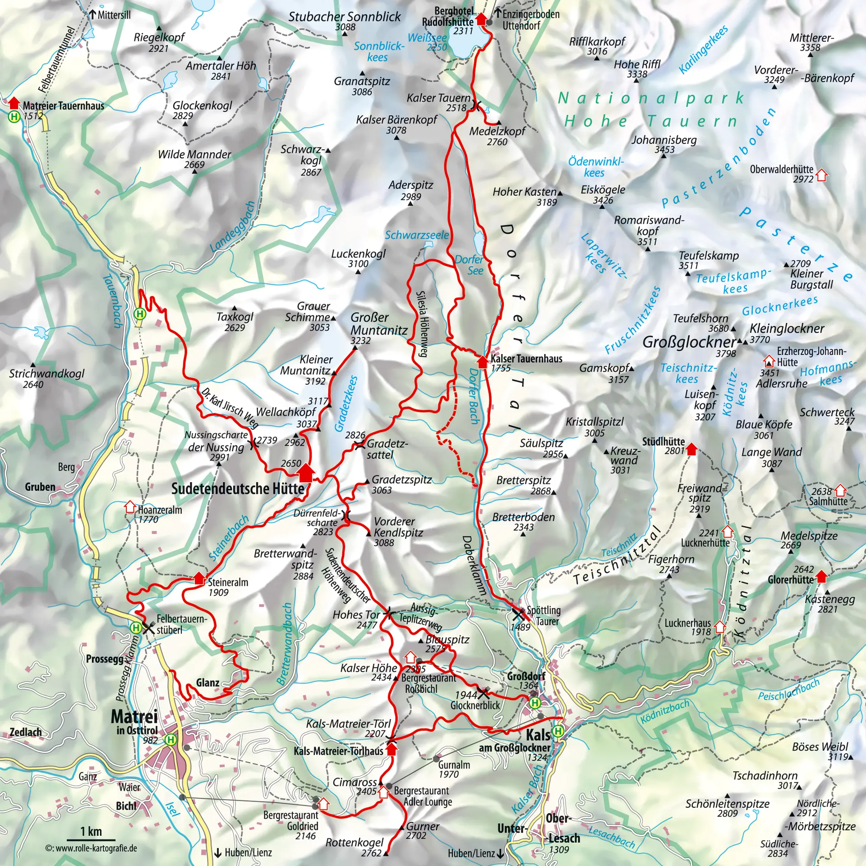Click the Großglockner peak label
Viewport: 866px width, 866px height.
click(689, 342)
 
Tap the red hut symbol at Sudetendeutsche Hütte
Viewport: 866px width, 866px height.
click(306, 472)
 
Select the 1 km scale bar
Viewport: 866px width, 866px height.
click(91, 839)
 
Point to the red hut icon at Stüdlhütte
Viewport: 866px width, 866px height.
click(691, 448)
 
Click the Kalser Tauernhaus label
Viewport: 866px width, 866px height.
click(526, 359)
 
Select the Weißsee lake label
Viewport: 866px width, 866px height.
click(427, 38)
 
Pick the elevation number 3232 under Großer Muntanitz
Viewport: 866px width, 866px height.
click(360, 341)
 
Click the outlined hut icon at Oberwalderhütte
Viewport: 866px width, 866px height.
click(822, 175)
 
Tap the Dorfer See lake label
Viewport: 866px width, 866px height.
click(469, 265)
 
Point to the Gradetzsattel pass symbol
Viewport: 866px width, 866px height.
click(359, 445)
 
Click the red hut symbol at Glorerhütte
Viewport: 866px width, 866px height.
click(822, 576)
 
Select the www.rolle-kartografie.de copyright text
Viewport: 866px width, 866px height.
click(91, 848)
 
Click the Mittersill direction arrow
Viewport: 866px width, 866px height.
click(92, 14)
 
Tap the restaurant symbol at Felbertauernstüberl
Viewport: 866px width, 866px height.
click(148, 627)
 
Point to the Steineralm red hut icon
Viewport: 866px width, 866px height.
click(199, 578)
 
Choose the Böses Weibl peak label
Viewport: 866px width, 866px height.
click(820, 746)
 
